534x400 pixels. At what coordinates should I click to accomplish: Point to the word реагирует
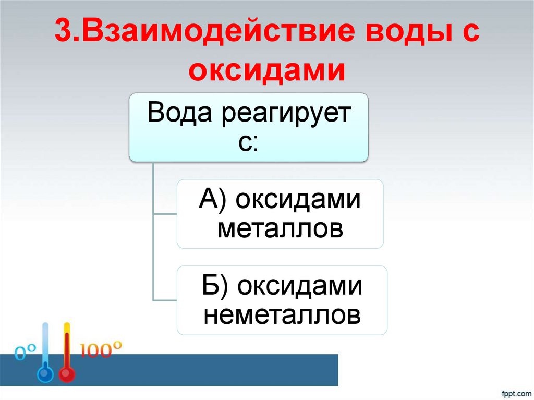tap(285, 114)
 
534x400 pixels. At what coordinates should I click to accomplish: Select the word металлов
tap(280, 228)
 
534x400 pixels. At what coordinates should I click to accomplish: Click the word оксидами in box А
tap(298, 201)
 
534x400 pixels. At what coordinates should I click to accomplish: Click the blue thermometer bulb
tap(45, 374)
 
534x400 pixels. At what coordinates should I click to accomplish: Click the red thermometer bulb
tap(66, 374)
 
